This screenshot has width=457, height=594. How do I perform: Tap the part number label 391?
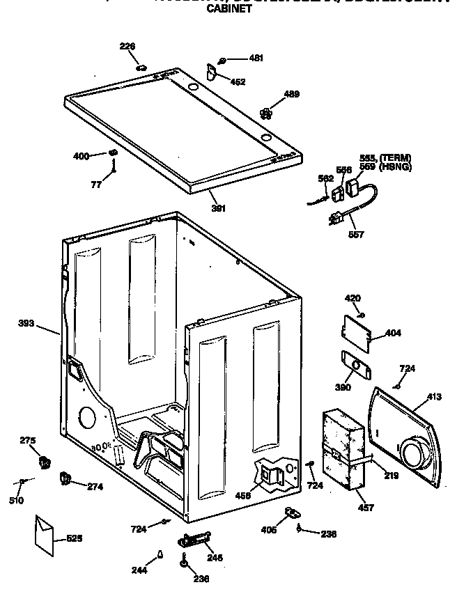(x=218, y=207)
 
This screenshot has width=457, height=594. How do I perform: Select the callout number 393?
(x=26, y=323)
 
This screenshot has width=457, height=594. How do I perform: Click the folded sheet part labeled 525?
(x=45, y=536)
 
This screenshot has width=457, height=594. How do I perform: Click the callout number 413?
(x=434, y=398)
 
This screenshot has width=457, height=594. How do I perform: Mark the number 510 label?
(x=16, y=500)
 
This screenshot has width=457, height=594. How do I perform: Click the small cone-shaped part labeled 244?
(x=160, y=555)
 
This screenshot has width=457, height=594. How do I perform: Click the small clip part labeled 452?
(x=213, y=70)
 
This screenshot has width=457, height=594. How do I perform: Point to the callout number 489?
(x=291, y=94)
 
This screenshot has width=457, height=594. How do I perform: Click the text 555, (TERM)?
(x=385, y=158)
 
